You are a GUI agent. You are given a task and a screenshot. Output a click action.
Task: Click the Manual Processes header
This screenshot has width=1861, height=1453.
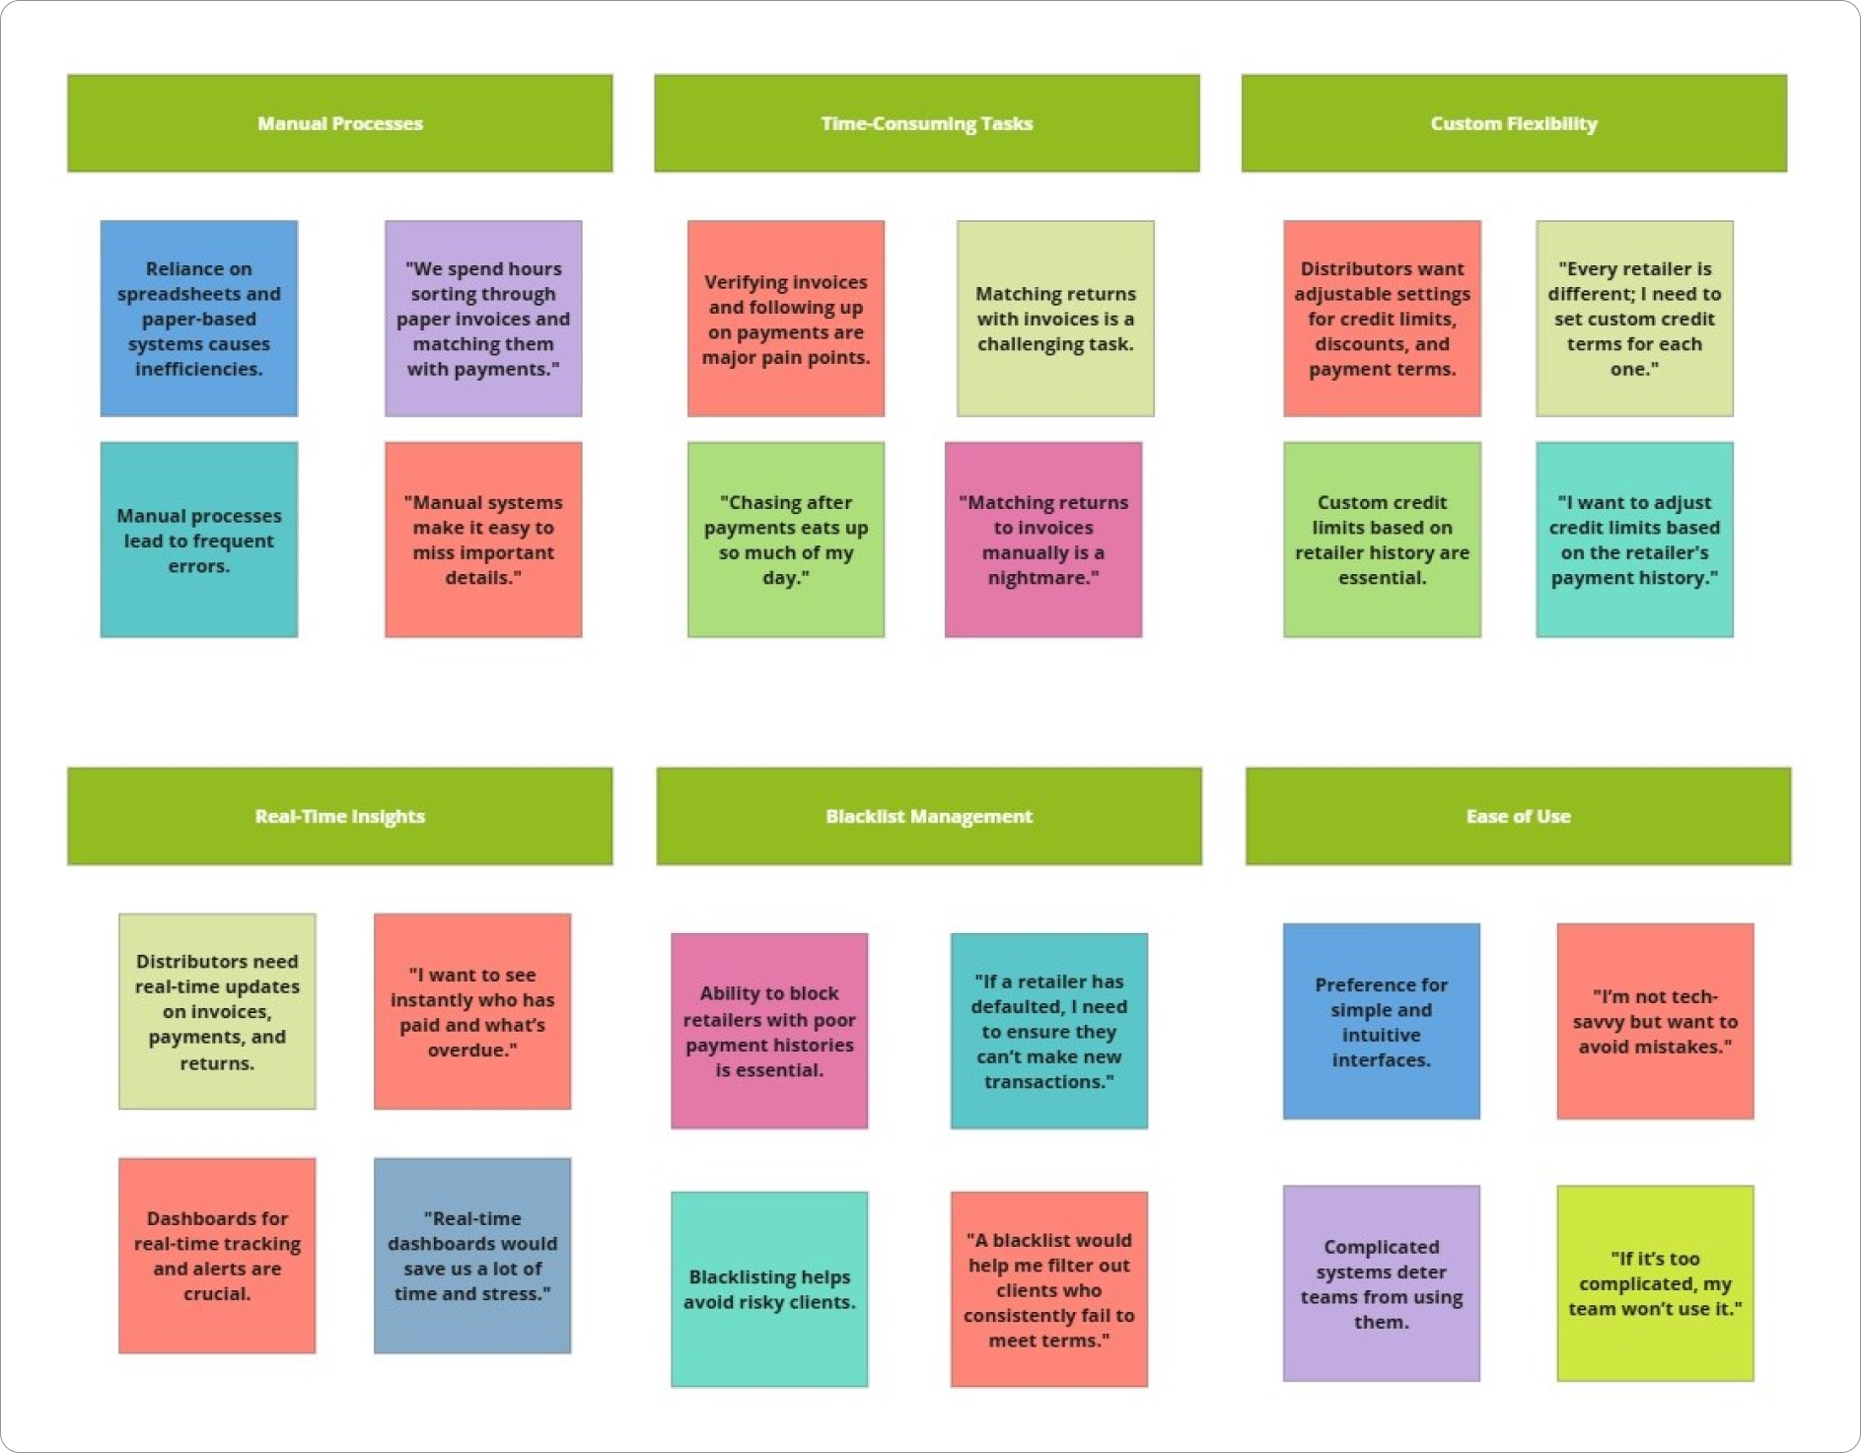(x=339, y=123)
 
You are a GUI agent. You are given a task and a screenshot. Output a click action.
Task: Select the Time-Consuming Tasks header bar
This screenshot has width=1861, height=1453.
(x=926, y=123)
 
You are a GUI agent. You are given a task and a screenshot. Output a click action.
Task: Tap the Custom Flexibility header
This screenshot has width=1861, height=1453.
(x=1513, y=123)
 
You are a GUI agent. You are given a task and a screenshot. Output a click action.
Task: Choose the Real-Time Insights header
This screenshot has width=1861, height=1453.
(x=339, y=816)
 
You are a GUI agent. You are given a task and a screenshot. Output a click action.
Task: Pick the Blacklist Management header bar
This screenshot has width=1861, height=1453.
(x=928, y=816)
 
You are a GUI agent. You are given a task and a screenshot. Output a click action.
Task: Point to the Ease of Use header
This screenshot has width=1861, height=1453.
(x=1517, y=816)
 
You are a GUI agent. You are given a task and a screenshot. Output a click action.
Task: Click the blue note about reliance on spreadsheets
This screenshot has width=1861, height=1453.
(x=198, y=318)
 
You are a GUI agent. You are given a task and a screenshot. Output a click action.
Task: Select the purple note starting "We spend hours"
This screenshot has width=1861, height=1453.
(x=482, y=318)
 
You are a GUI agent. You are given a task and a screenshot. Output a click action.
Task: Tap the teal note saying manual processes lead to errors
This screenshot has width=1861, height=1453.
(x=198, y=540)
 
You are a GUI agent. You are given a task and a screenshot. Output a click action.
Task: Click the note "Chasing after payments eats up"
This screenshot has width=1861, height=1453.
(x=785, y=540)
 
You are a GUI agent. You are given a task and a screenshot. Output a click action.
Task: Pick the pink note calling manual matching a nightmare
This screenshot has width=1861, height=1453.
(x=1042, y=540)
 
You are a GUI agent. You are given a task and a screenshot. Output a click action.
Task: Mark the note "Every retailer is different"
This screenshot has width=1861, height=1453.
(x=1633, y=318)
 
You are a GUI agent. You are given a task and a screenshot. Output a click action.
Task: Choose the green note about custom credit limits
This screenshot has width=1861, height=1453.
(x=1381, y=540)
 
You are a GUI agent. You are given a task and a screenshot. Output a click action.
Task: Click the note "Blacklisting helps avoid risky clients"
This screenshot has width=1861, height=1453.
(x=768, y=1288)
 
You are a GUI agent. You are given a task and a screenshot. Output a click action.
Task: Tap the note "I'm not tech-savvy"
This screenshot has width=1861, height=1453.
(x=1654, y=1021)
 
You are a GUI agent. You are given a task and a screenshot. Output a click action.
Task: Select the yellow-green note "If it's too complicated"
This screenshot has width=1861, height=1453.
(x=1654, y=1282)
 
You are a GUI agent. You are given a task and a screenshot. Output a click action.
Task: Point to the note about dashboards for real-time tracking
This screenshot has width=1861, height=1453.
(x=217, y=1255)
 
